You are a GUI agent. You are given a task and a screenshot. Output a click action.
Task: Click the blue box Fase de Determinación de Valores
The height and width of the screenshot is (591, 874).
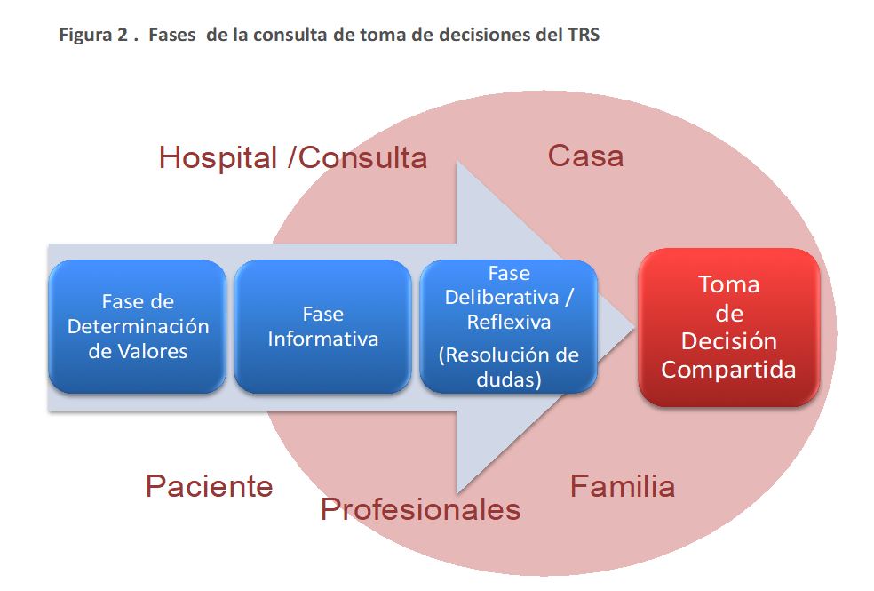(138, 327)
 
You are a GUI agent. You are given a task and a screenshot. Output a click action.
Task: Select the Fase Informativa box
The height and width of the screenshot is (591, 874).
(322, 327)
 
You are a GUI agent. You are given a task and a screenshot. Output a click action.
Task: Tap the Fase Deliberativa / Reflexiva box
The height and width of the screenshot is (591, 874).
(508, 327)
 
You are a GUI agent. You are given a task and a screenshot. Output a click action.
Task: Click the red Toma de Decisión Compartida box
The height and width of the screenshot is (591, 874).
(729, 327)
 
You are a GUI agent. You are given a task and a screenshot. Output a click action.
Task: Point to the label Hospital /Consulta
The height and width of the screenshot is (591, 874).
(293, 158)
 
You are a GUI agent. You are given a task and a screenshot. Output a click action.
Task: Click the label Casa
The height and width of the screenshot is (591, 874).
(586, 156)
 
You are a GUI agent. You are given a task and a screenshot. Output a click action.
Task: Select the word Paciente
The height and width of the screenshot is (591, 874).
(209, 486)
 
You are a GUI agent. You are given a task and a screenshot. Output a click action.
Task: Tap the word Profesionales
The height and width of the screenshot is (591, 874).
(421, 509)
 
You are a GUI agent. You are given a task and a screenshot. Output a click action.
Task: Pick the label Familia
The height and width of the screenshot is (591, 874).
(623, 486)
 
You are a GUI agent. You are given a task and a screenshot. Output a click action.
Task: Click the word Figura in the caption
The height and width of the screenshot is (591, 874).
(86, 36)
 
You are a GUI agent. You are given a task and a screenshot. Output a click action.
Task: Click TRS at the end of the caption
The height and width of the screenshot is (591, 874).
(584, 35)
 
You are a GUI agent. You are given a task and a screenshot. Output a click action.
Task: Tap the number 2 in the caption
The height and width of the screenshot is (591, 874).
(122, 35)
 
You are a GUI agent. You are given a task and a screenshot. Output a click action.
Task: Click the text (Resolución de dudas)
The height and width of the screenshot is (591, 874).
(508, 367)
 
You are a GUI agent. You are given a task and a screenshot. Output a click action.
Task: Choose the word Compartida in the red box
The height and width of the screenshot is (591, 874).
(728, 370)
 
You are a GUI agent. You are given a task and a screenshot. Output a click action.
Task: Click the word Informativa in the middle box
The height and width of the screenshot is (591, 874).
(322, 339)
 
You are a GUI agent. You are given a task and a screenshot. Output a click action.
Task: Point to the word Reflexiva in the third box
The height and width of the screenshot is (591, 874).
(508, 323)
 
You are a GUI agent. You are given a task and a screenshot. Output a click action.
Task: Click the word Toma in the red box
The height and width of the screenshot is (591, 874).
(729, 284)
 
